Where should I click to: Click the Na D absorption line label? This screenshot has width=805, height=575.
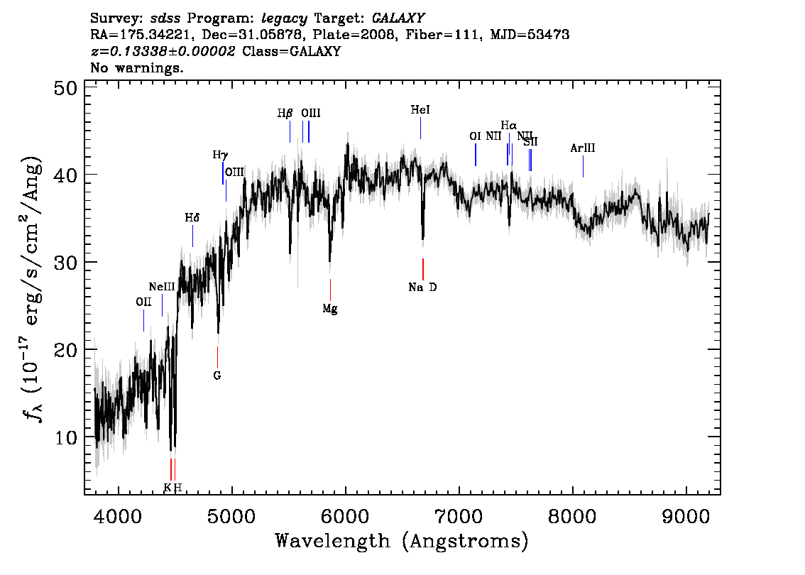pos(422,287)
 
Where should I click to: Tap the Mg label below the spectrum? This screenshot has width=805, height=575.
pos(330,309)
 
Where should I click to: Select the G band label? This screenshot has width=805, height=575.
pos(217,376)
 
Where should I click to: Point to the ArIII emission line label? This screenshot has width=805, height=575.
pos(583,148)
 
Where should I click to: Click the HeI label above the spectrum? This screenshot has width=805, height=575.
pos(420,110)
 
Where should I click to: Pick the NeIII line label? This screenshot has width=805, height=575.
pos(162,287)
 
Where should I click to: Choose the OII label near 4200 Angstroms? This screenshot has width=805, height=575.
pos(143,302)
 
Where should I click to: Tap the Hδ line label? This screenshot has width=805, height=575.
pos(192,218)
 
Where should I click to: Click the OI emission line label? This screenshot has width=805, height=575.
pos(476,136)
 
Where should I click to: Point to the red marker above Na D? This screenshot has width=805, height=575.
pos(423,269)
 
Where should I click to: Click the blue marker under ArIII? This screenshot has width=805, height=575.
pos(584,166)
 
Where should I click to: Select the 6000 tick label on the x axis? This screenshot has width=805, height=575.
pos(346,516)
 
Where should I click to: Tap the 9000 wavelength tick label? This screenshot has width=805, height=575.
pos(686,516)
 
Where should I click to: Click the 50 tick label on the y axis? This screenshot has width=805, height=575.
pos(66,88)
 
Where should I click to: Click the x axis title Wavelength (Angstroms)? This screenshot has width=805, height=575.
pos(402,541)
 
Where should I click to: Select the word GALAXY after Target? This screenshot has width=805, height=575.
pos(398,18)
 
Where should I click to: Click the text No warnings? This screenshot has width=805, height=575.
pos(136,67)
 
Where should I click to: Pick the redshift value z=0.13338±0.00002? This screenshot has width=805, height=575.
pos(163,51)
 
